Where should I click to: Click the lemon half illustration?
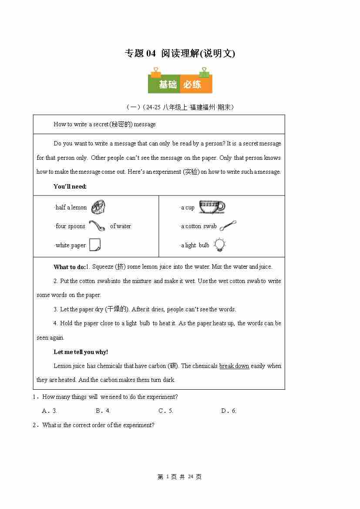[99, 207]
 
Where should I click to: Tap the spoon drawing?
[97, 226]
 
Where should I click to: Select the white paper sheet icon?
[95, 245]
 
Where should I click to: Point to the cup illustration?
[212, 207]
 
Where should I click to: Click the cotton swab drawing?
[228, 226]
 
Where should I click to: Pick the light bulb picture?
[220, 245]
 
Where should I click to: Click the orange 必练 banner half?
[196, 84]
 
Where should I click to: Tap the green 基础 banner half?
[165, 84]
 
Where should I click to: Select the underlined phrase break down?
[234, 366]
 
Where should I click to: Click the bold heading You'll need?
[70, 186]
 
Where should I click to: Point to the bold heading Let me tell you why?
[81, 352]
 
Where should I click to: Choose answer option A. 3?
[50, 411]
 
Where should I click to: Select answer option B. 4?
[103, 411]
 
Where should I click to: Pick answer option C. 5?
[166, 411]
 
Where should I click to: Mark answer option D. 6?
[229, 411]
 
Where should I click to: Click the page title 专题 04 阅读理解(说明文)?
[180, 53]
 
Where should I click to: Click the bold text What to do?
[70, 267]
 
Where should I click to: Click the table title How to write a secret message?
[104, 124]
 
